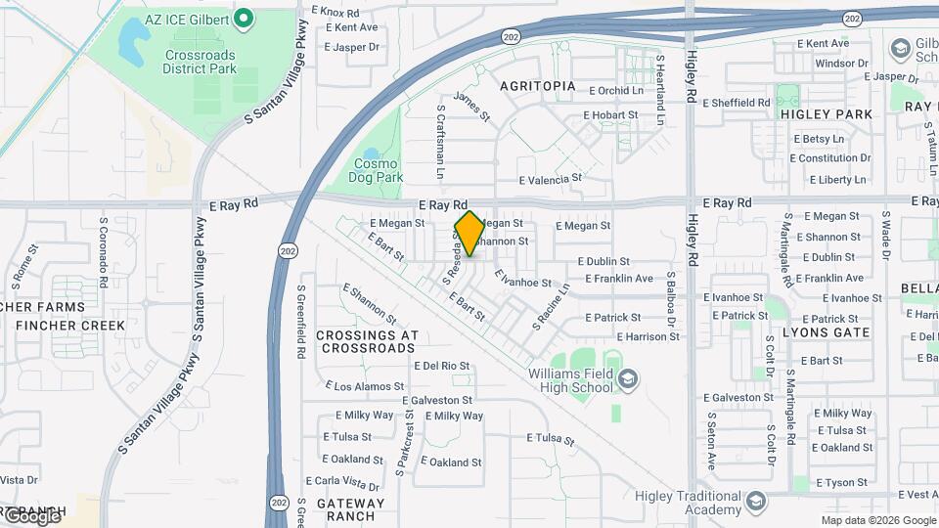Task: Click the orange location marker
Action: pos(469,233)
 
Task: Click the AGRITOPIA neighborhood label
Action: pos(538,86)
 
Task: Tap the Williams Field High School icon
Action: pos(628,377)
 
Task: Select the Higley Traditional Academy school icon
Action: pos(755,503)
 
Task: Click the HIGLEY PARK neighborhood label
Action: pos(827,114)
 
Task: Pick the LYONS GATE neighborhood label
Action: pos(827,332)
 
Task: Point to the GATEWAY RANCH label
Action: pos(350,509)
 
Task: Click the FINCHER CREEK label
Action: pos(70,326)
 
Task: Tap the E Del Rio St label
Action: pos(441,366)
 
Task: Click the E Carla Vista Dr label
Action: pos(341,483)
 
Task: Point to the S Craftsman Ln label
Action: pos(441,142)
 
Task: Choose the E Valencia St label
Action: pos(550,180)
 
